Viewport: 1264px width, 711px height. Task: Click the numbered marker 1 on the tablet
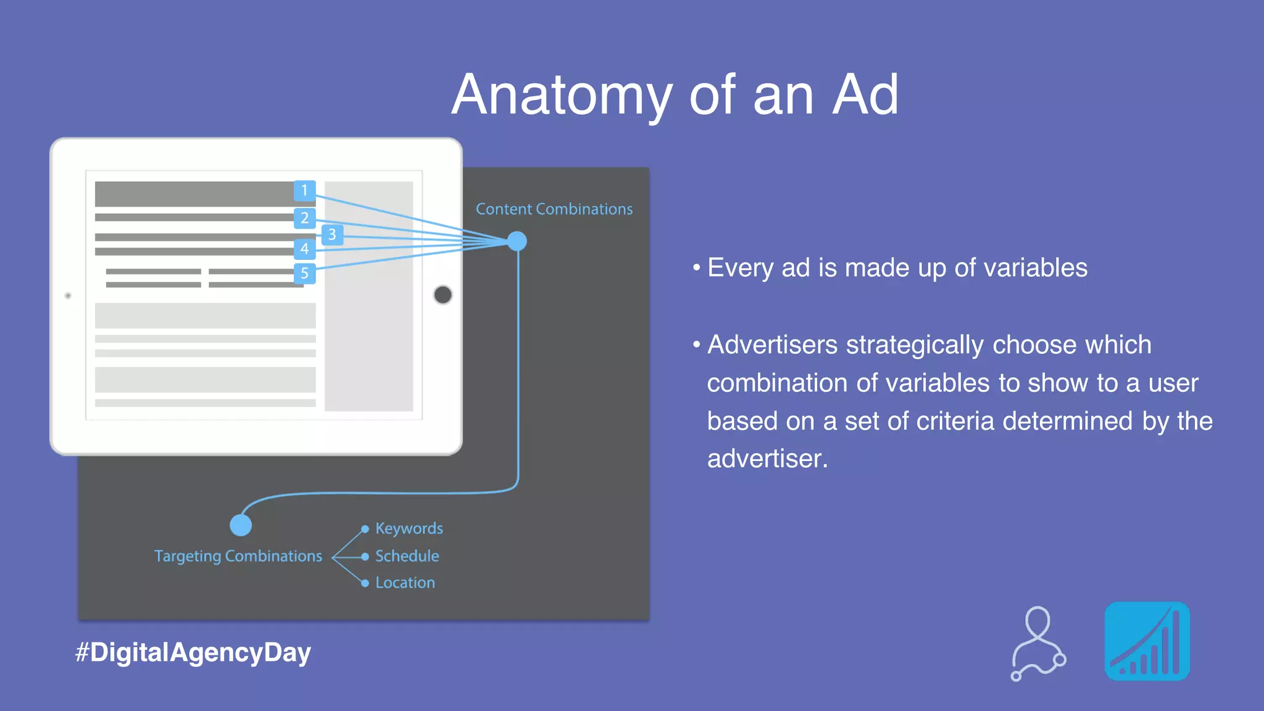(x=304, y=190)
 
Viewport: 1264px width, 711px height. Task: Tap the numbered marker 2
(x=304, y=218)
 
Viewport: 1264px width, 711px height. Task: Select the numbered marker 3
(x=332, y=235)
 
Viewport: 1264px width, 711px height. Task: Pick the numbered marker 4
(x=304, y=249)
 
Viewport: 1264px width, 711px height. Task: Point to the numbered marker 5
(x=304, y=273)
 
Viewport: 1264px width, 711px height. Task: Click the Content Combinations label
(x=554, y=209)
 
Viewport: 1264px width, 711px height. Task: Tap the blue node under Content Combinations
(x=517, y=241)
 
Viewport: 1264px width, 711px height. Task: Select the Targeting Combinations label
(x=238, y=556)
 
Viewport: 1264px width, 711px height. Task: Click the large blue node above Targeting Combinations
(x=241, y=525)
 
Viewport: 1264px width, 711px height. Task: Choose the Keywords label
(x=409, y=528)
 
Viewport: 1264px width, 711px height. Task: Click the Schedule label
(x=407, y=556)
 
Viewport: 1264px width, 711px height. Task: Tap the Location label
(x=405, y=583)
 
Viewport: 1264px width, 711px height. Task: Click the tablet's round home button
(x=443, y=295)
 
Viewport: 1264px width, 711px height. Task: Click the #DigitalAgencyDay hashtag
(x=193, y=652)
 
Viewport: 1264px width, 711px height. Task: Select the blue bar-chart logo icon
(x=1147, y=641)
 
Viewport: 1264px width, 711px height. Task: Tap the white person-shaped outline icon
(x=1038, y=643)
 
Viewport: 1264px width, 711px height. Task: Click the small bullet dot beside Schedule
(x=365, y=557)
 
